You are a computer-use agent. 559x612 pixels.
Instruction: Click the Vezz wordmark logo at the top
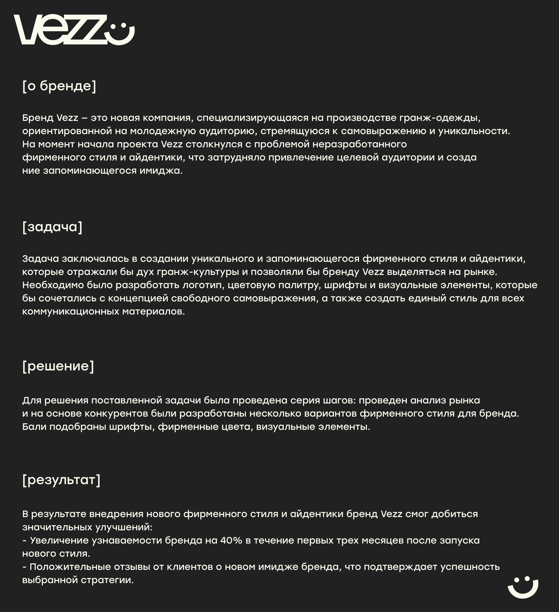(x=61, y=30)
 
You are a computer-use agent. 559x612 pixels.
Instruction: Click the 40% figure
(x=231, y=540)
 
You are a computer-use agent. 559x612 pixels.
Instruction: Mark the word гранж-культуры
(x=198, y=272)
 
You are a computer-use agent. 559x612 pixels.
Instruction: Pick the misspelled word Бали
(x=34, y=427)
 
